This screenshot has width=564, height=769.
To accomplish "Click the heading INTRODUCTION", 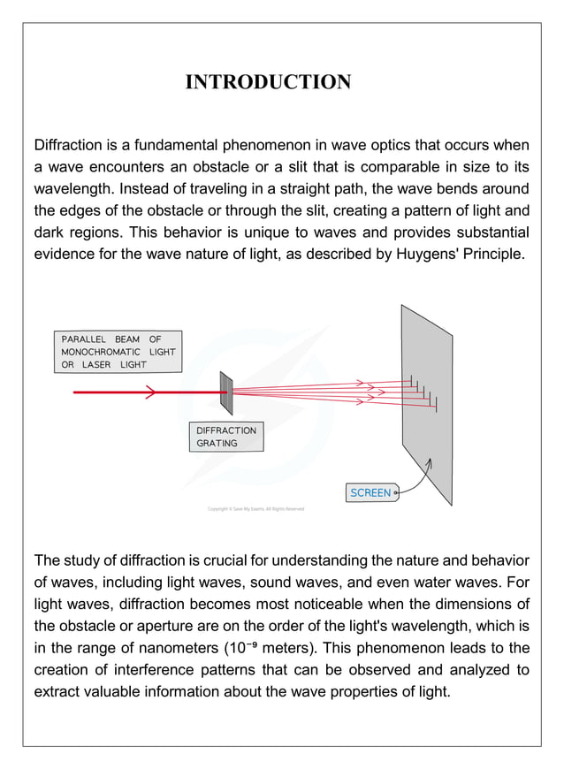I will [268, 82].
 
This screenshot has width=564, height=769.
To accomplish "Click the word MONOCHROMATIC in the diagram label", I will [101, 352].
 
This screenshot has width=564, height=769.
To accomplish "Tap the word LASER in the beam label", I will [96, 364].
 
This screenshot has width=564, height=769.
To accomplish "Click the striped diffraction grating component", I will [226, 392].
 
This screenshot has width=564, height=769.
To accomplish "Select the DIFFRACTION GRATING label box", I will [225, 437].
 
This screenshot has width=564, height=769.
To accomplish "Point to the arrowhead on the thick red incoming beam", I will [150, 392].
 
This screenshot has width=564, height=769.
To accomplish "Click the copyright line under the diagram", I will [255, 509].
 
